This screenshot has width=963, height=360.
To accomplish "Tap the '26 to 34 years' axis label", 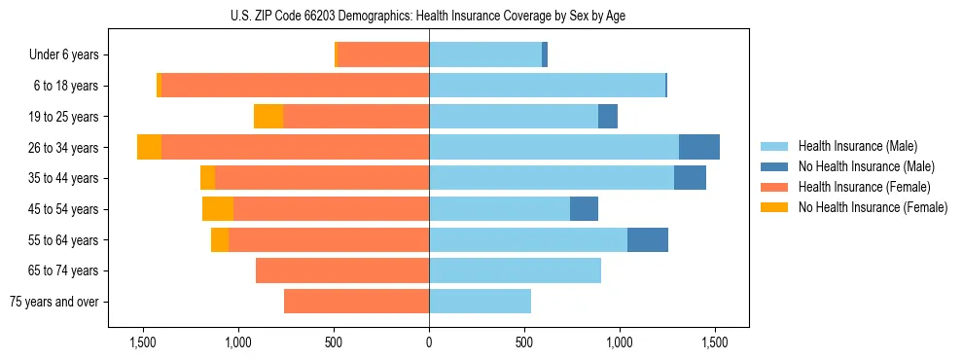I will [x=65, y=148].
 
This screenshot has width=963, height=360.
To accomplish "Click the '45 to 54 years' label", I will [x=65, y=209].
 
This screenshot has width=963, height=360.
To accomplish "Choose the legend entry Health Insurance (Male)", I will [x=851, y=146].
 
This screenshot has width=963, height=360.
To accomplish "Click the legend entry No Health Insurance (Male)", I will [x=859, y=166].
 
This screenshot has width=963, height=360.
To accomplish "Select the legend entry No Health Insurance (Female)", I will [x=865, y=207].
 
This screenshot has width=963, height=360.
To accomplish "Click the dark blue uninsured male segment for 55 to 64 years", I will [x=648, y=240].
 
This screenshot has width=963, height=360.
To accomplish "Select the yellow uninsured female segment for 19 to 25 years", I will [x=268, y=117].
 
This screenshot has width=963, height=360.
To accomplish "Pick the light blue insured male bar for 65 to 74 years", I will [x=515, y=270].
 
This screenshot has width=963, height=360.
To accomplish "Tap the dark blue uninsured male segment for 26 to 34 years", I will [x=699, y=148].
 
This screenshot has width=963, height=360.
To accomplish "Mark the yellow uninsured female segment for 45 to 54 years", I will [x=218, y=209].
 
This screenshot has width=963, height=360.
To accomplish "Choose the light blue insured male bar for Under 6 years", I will [x=485, y=55].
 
